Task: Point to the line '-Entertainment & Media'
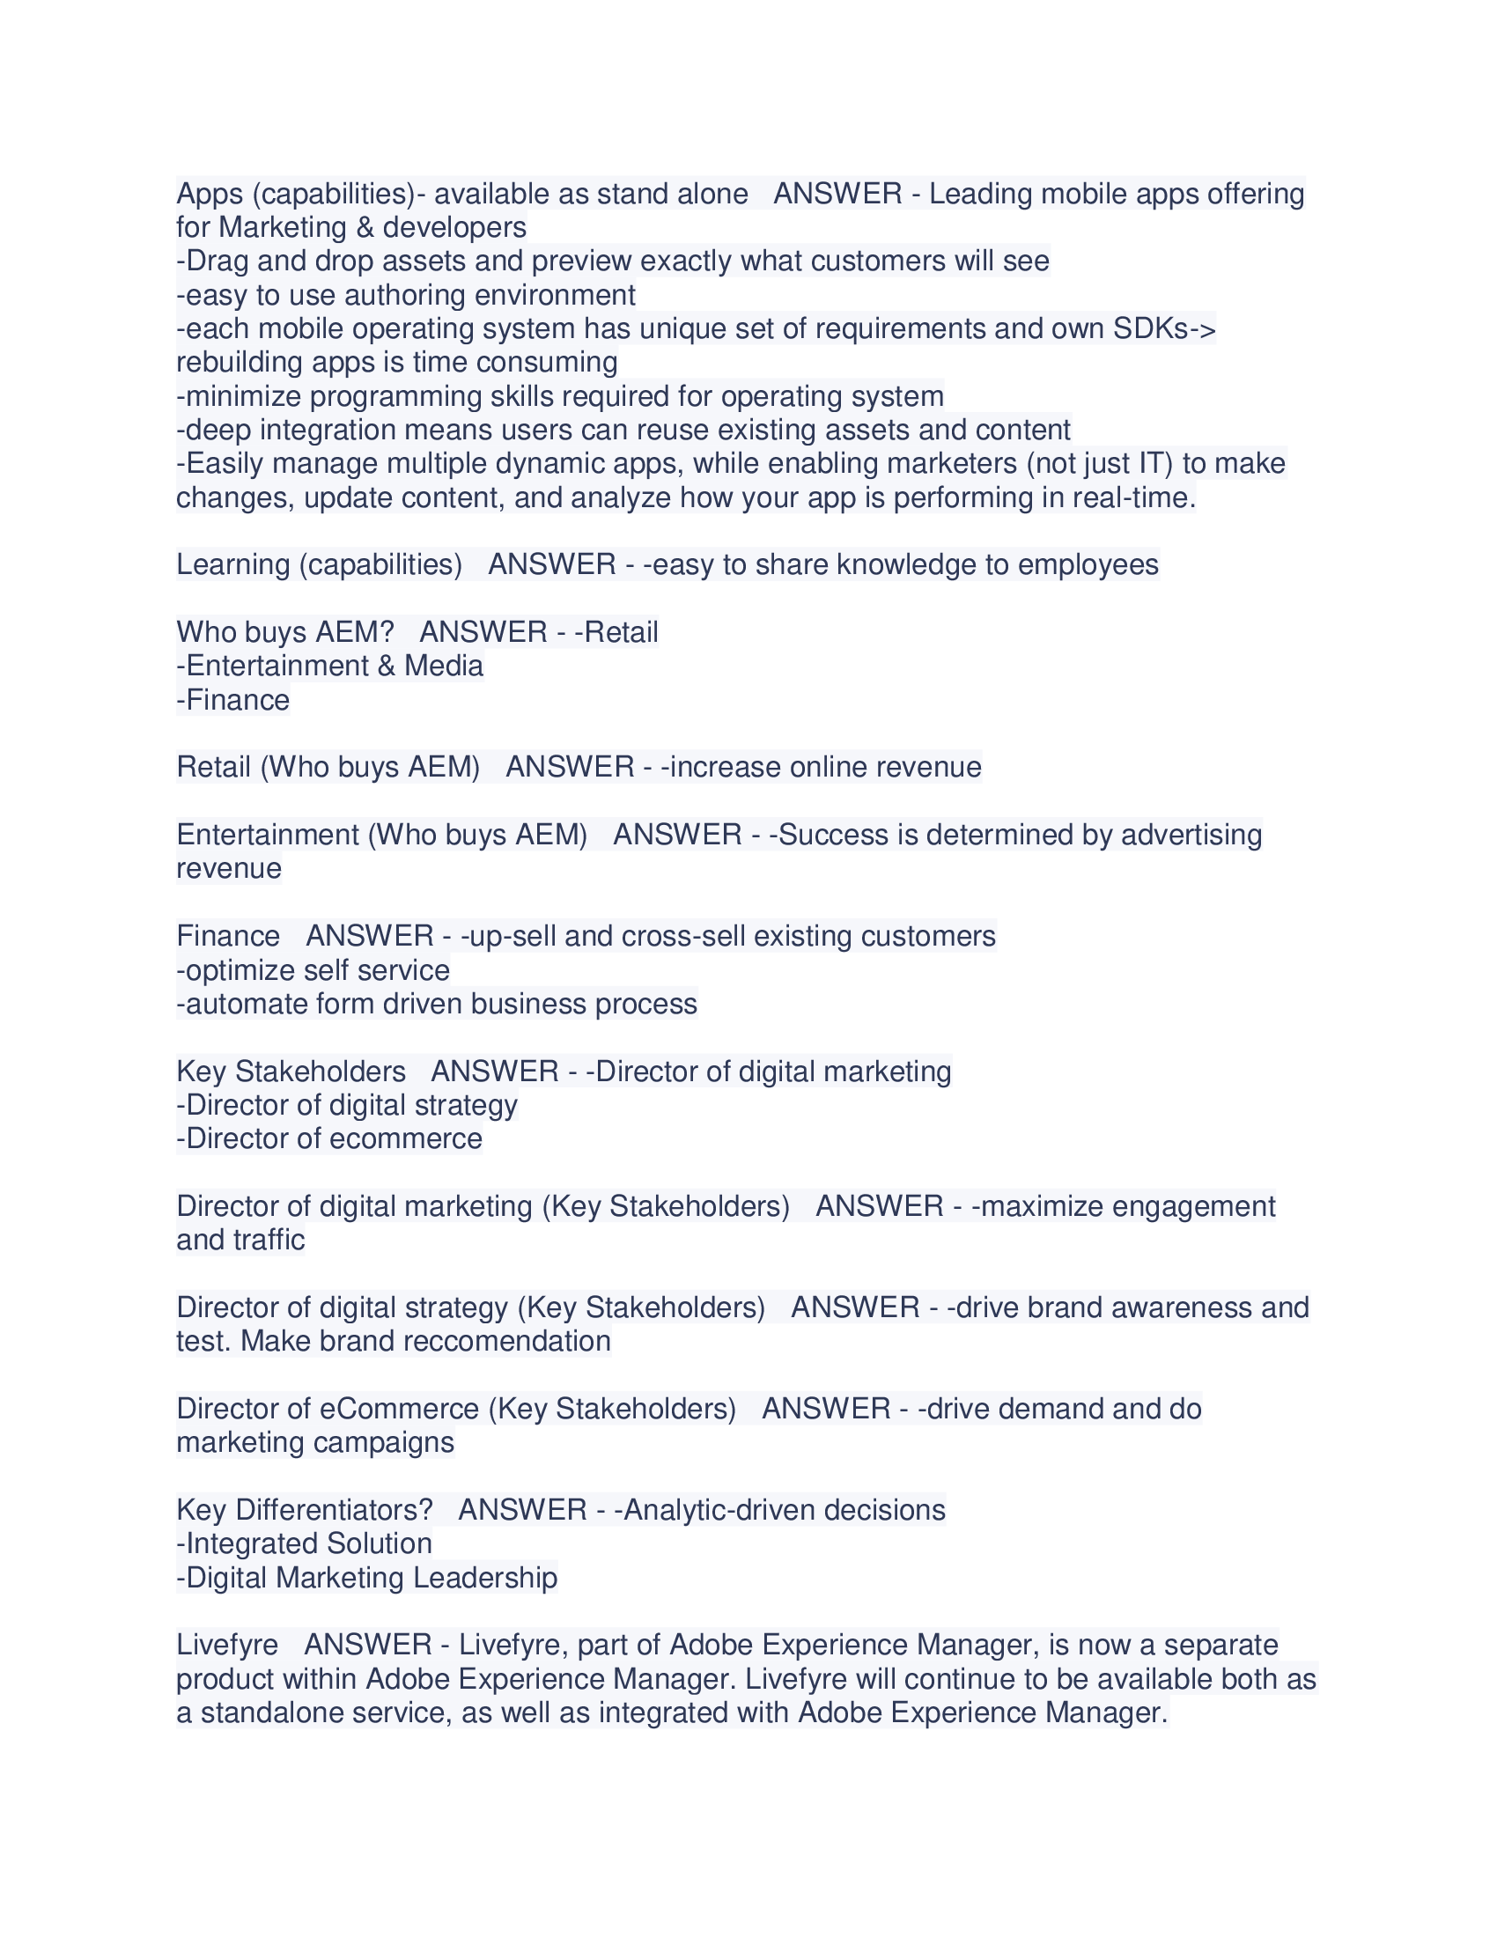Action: pos(330,667)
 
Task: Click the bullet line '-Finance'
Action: pos(233,701)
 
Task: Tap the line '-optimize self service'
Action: pos(313,971)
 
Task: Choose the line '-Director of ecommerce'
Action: pos(329,1138)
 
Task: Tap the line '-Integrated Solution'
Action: pos(304,1544)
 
